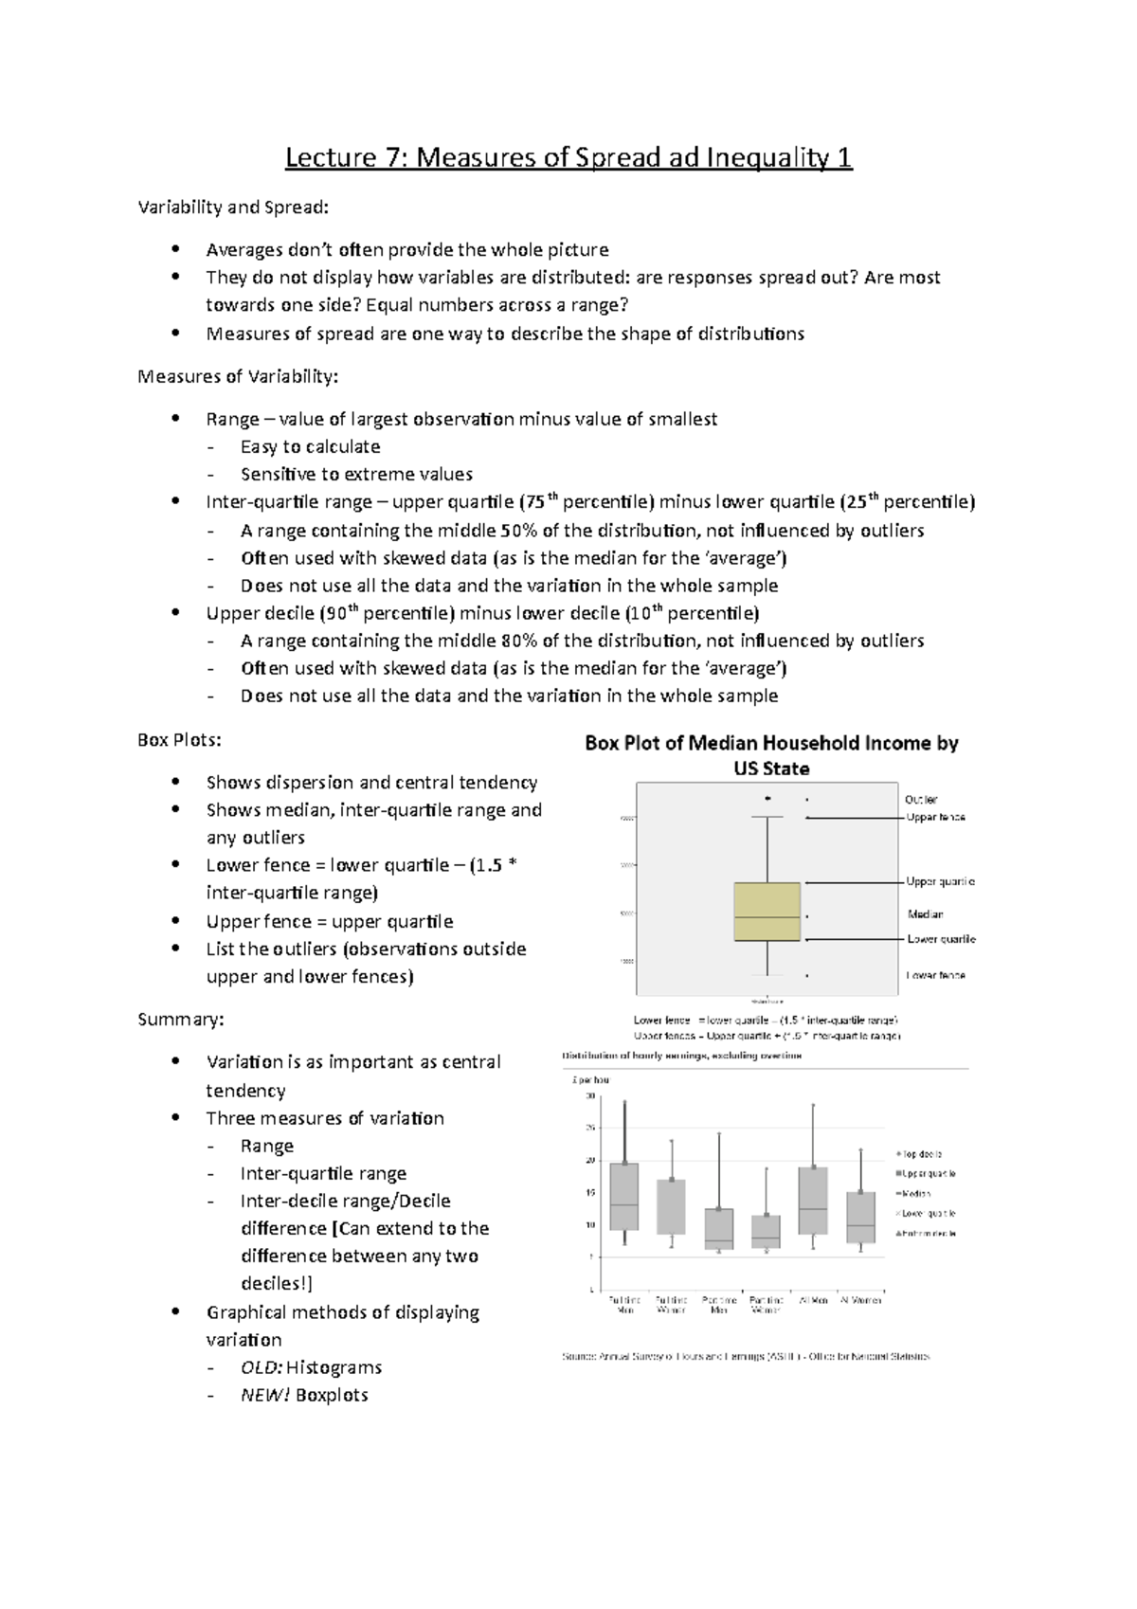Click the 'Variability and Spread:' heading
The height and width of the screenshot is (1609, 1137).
234,207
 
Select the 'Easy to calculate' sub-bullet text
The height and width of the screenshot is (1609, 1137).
310,446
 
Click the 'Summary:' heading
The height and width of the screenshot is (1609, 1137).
181,1020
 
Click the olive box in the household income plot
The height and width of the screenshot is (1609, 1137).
767,912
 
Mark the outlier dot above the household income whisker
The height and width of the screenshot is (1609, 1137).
767,798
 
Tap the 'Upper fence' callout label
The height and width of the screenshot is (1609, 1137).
935,817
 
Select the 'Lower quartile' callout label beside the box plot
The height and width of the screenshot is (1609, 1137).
941,939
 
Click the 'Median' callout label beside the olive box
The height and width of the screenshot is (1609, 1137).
926,914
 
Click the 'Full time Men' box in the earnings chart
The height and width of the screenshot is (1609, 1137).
624,1196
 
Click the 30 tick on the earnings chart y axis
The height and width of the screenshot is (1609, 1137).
590,1096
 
